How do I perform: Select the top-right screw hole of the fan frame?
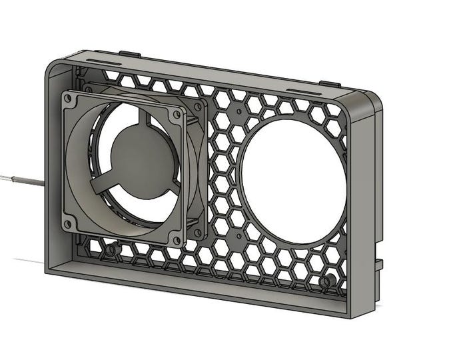(x=176, y=114)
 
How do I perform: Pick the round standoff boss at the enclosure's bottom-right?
(x=324, y=281)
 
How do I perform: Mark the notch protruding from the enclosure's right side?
(x=380, y=264)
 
